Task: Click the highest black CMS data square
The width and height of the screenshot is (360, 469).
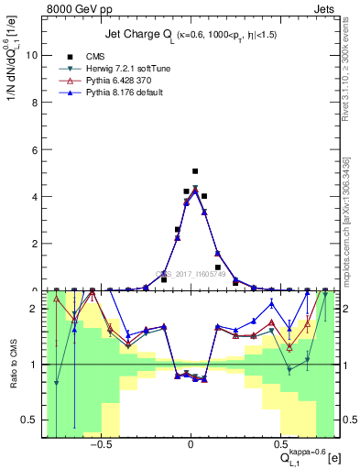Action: click(195, 171)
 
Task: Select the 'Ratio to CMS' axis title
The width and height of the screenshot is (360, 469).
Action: click(12, 363)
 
